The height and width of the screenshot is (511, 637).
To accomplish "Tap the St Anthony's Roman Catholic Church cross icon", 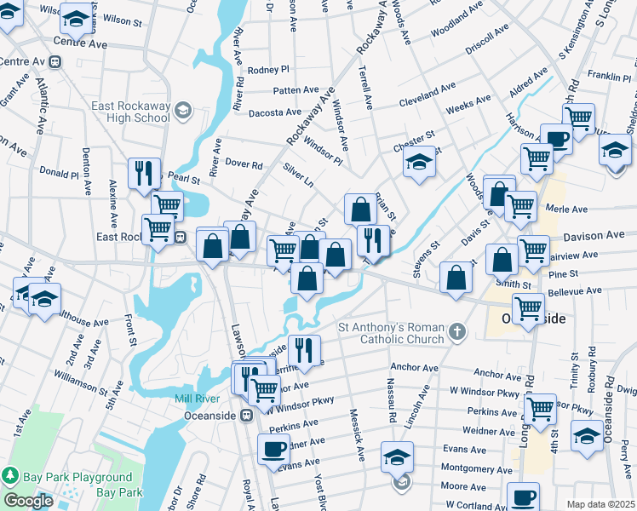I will pos(457,330).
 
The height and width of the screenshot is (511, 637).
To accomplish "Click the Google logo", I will pos(28,501).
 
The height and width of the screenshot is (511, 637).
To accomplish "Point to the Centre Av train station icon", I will pos(56,61).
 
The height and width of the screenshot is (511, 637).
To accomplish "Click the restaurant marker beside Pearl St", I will pos(143,173).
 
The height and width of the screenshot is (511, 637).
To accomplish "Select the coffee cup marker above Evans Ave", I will pos(273,450).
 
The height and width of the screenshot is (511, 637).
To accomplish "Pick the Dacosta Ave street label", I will pos(275,112).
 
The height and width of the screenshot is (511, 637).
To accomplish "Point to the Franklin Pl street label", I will pos(609,76).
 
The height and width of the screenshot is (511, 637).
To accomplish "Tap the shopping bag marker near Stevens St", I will pos(457,276).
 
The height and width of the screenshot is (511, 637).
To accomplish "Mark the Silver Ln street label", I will pos(298,177).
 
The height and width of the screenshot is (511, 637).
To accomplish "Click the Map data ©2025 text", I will pos(600,503).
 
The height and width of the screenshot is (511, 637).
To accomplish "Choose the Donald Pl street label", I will pos(60,173).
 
